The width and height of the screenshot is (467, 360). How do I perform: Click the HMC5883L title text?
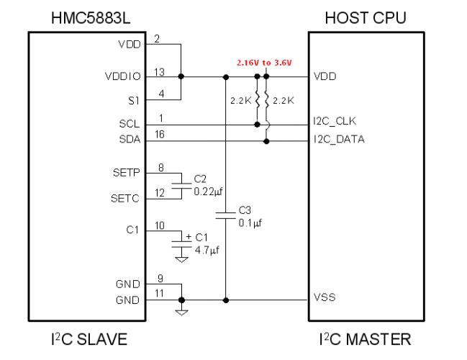pos(91,18)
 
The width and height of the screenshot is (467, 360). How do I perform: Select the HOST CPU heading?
pos(366,18)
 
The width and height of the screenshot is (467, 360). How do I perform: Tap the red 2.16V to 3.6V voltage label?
pos(264,63)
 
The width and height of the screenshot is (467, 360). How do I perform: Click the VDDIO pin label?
pos(123,76)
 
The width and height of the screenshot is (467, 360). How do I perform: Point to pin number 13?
pos(159,72)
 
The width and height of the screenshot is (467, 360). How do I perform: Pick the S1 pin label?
pos(134,101)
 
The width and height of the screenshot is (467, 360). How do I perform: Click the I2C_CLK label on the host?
pos(335,121)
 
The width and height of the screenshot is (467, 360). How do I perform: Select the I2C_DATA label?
pos(339,139)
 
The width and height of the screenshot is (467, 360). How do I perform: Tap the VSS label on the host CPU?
pos(325,297)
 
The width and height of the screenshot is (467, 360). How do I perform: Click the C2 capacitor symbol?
pos(181,186)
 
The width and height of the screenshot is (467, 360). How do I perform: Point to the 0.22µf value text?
pos(208,192)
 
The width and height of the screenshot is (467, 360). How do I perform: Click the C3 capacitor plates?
pos(225,215)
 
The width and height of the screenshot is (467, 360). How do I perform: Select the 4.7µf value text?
pos(207,250)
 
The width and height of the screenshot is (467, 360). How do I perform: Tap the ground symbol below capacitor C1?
pos(181,260)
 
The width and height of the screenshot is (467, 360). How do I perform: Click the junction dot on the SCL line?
pos(258,125)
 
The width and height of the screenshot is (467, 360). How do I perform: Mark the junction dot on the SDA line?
pos(266,141)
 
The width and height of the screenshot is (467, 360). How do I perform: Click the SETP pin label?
pos(126,173)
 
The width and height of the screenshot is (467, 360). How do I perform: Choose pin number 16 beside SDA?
pos(160,135)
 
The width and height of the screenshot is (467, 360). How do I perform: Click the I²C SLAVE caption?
pos(89,339)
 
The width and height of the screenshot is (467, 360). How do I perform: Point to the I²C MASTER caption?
pos(365,339)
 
